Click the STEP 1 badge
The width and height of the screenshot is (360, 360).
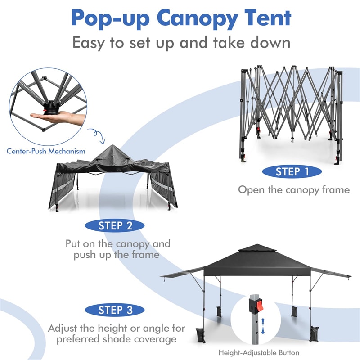click(x=292, y=171)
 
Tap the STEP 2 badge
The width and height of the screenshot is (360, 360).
click(x=115, y=226)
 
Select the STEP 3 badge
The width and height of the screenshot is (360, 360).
click(x=115, y=310)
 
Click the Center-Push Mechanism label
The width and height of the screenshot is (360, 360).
click(x=46, y=151)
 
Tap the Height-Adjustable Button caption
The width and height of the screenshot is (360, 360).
click(x=259, y=353)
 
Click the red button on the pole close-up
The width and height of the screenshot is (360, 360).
click(x=259, y=307)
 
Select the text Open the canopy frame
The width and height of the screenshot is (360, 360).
click(x=293, y=189)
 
